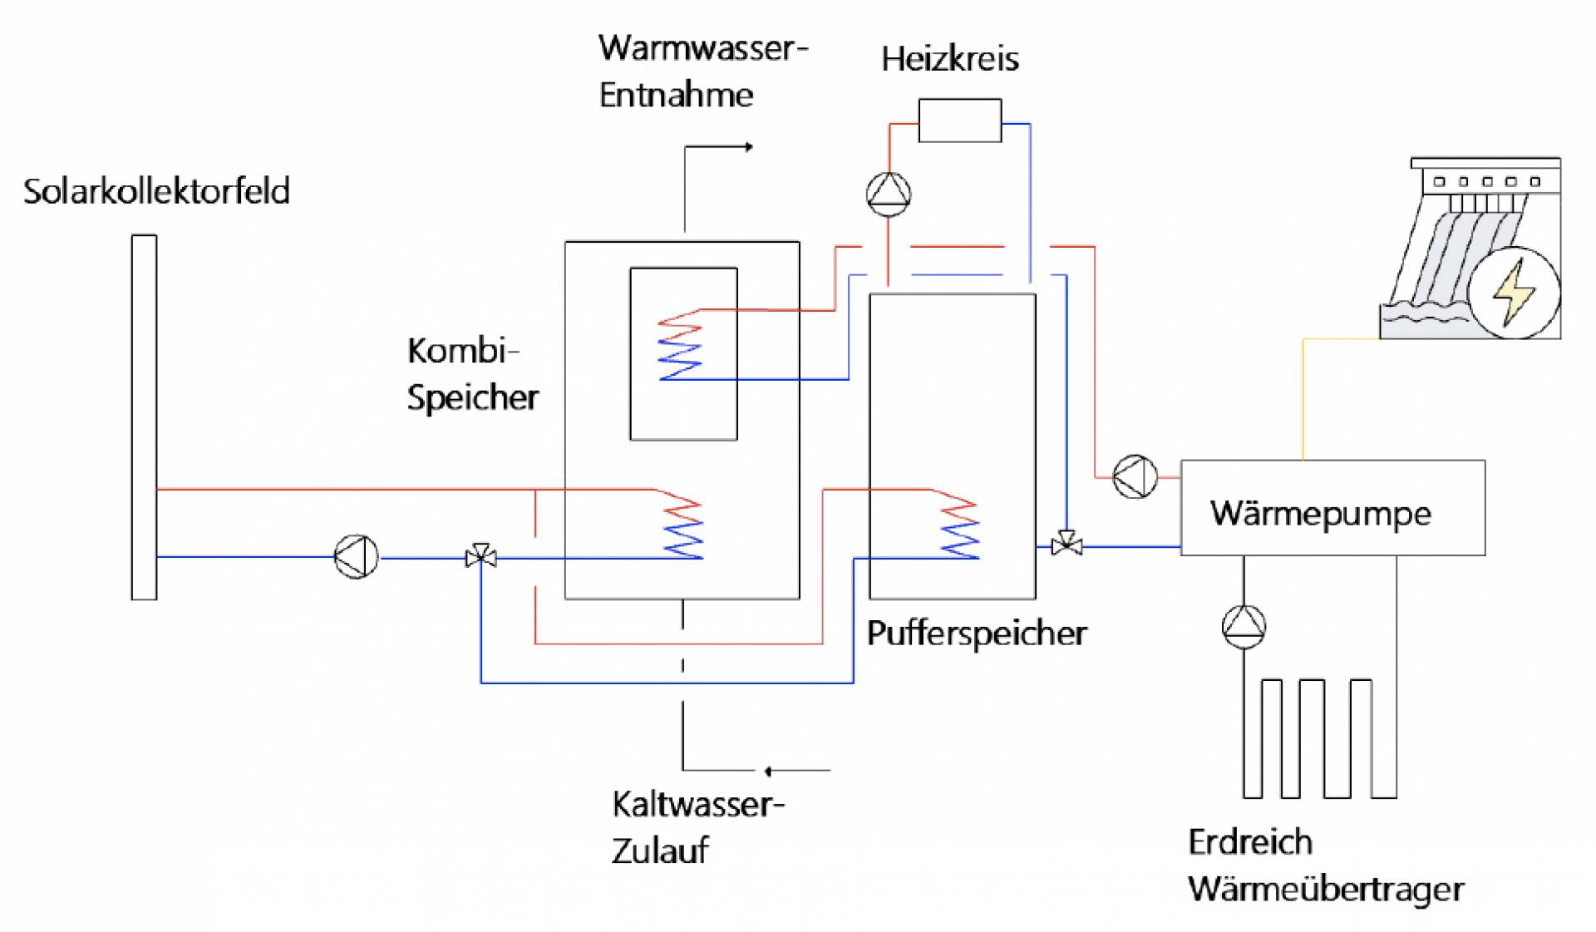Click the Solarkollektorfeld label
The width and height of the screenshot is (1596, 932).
point(156,191)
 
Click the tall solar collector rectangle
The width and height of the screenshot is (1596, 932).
point(144,417)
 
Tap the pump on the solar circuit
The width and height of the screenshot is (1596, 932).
point(357,556)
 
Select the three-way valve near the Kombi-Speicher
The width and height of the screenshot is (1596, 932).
point(481,556)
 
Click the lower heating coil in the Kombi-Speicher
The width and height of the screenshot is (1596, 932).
point(682,528)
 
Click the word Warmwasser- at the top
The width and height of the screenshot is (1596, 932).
point(702,48)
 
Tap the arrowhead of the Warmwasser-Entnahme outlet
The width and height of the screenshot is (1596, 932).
point(749,147)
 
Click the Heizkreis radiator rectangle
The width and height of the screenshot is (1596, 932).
point(959,121)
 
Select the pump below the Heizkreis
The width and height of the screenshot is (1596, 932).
point(889,194)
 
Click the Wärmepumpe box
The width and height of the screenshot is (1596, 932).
point(1332,507)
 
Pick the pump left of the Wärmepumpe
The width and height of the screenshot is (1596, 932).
point(1135,476)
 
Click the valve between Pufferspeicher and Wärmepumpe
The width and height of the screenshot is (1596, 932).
point(1066,545)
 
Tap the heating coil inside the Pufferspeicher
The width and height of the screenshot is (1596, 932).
point(959,528)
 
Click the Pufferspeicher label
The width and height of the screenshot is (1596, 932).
point(977,634)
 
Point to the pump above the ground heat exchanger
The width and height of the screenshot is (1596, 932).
point(1244,626)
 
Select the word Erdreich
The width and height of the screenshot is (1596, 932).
point(1250,842)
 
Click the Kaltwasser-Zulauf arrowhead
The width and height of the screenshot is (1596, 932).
point(768,771)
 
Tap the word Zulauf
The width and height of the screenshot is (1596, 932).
point(660,851)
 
